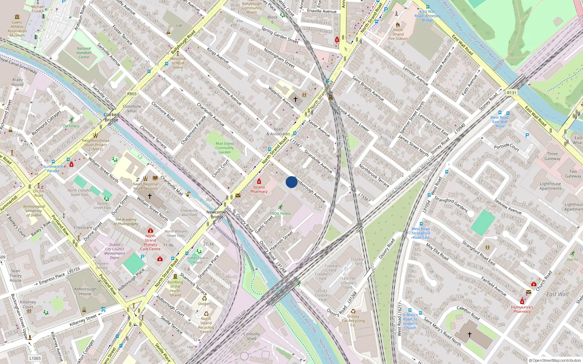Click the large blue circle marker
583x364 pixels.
coord(291,182)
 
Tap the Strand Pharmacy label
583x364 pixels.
coord(259,189)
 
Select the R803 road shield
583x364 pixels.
coord(132,94)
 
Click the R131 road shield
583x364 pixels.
coord(512,93)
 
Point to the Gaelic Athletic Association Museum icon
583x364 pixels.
coord(17,17)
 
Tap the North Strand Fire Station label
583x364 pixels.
coord(398,34)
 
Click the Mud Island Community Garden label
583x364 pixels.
coord(224,148)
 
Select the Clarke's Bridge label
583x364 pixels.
coord(111,117)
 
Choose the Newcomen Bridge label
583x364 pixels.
coord(217,214)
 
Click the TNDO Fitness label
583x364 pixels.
coord(281,213)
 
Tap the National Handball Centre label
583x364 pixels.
coord(84,53)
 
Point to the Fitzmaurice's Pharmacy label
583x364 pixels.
coord(522,309)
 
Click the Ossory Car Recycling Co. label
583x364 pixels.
coord(353,321)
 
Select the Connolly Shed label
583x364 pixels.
coord(251,336)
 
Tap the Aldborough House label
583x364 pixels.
coord(85,291)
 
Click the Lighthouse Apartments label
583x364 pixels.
coord(550,186)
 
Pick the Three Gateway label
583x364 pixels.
coord(552,156)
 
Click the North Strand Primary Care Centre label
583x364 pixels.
coord(150,242)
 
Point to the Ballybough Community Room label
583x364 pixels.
coord(252,8)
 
